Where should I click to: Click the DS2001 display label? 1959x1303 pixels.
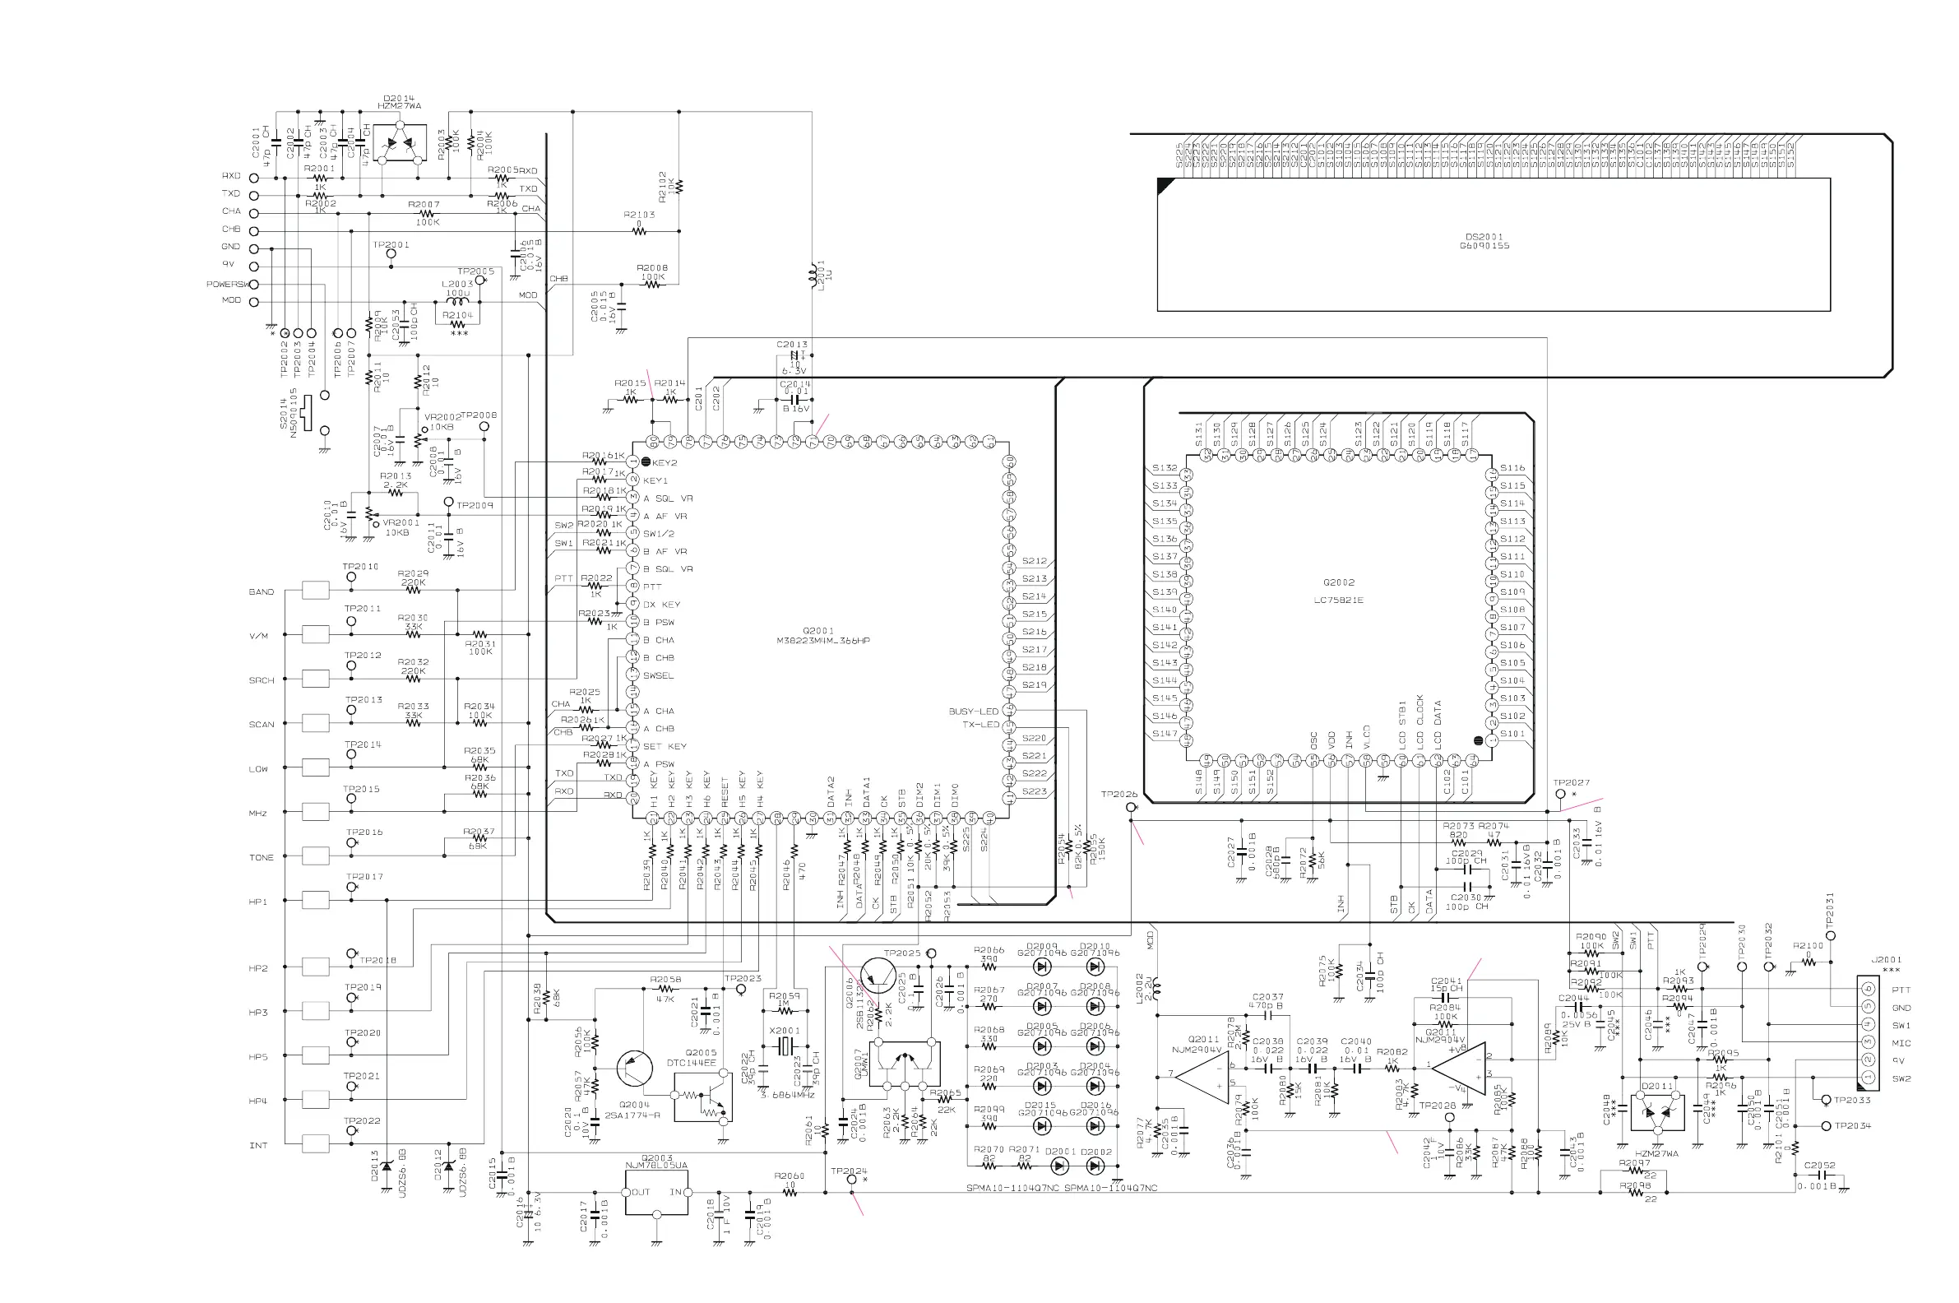pos(1484,237)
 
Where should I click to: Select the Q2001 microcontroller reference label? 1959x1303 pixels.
pos(818,631)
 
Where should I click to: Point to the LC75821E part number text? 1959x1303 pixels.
pos(1338,600)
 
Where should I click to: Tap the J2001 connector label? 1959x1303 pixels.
pos(1886,960)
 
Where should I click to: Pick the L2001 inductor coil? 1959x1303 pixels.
pos(812,275)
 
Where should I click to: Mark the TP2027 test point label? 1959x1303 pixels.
pos(1571,783)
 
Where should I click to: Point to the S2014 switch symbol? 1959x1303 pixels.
pos(307,413)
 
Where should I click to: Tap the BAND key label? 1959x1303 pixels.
pos(261,592)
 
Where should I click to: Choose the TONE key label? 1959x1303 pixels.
pos(261,858)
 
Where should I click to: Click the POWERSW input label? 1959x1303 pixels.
pos(227,284)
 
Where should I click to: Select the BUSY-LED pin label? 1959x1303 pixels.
pos(973,712)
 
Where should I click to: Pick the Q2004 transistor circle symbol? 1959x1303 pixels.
pos(635,1069)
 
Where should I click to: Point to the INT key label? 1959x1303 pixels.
pos(258,1145)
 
